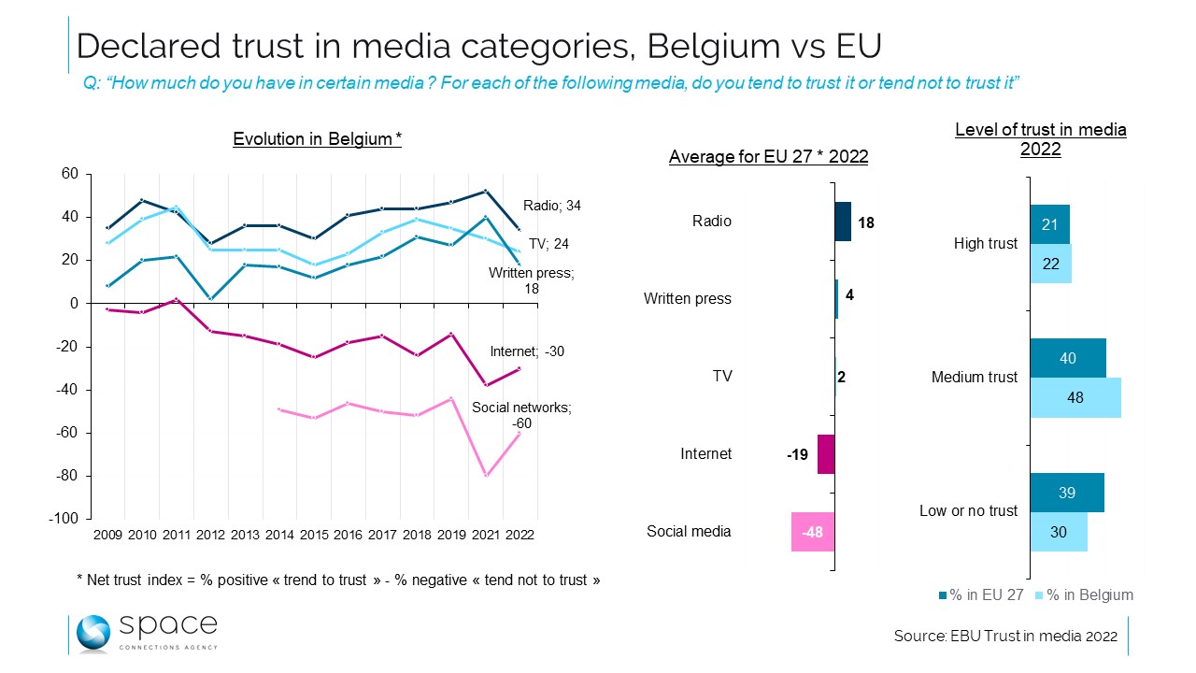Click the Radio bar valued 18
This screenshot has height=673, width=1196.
point(843,222)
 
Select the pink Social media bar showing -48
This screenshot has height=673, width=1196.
point(813,531)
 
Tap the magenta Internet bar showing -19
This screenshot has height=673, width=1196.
point(826,454)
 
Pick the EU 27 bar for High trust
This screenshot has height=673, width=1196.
point(1050,225)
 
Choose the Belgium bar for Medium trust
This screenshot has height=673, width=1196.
point(1075,397)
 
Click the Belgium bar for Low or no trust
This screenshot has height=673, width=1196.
point(1059,532)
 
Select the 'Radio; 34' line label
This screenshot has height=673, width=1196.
point(552,206)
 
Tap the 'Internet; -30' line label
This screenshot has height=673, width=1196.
point(527,352)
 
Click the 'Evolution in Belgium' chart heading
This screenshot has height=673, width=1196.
point(317,139)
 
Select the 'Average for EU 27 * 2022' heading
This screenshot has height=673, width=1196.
point(768,157)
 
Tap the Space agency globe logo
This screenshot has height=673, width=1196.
point(93,633)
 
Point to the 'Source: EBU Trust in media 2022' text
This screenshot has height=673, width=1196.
point(1005,637)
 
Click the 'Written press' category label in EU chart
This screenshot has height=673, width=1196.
point(688,299)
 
